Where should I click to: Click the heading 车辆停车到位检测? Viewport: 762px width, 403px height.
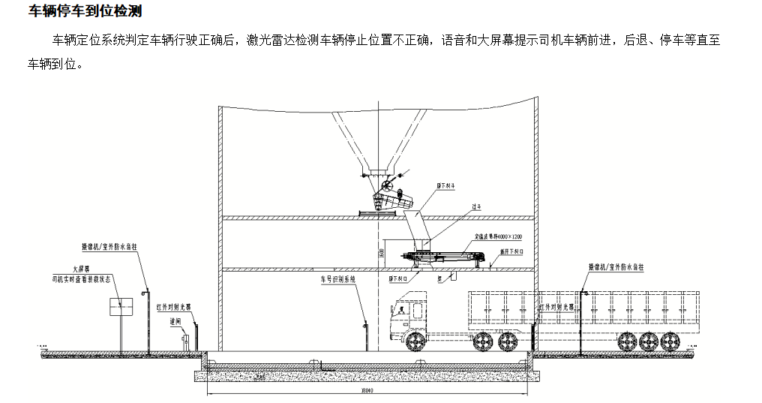pos(85,11)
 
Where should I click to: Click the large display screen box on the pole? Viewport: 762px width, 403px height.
pos(121,306)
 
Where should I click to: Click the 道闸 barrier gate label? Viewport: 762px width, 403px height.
pos(175,320)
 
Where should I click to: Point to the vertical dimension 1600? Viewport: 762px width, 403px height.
pos(381,254)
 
